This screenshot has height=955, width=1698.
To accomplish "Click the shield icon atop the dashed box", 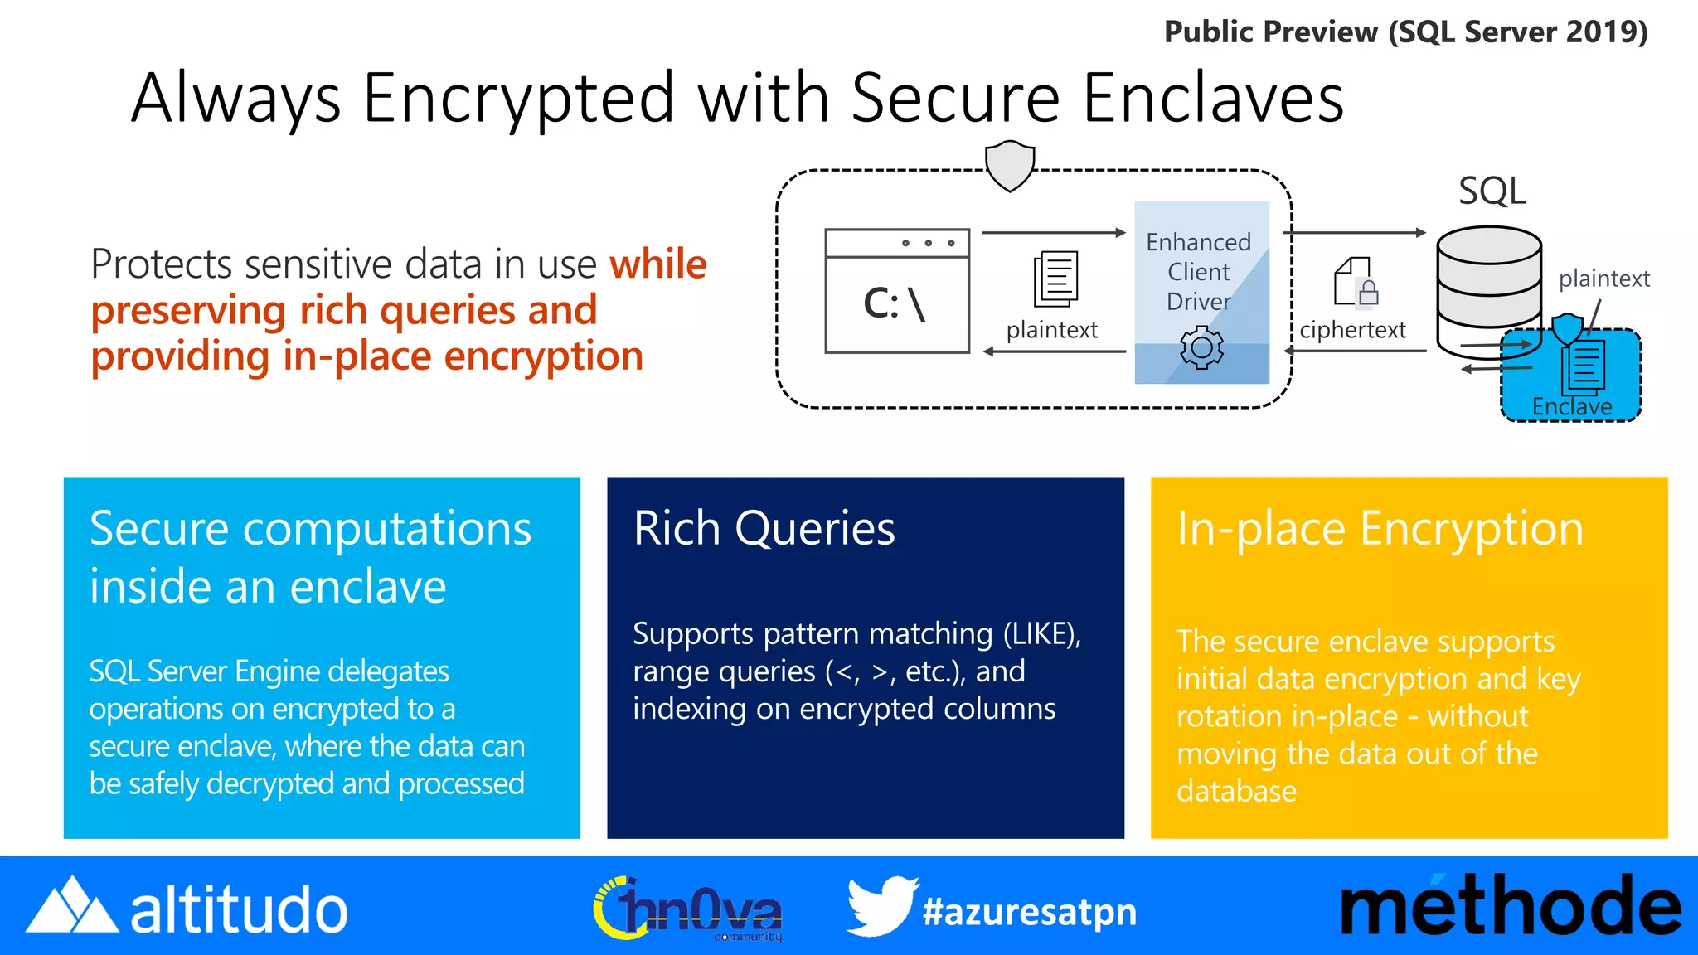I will [x=1010, y=165].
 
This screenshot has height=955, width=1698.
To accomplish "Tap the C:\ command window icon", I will [x=897, y=291].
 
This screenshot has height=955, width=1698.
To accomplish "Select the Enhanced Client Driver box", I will [x=1201, y=292].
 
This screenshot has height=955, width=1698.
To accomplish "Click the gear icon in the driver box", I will [x=1201, y=347].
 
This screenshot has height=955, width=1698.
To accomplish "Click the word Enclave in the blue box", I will [x=1571, y=407].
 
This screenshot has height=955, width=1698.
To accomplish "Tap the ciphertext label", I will [x=1352, y=330].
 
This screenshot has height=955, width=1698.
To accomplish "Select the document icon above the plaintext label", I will [x=1055, y=279].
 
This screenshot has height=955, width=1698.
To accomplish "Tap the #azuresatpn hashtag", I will [x=1029, y=912].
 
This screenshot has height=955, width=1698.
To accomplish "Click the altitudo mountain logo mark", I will [x=71, y=906].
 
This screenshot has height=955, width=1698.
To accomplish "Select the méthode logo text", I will [x=1510, y=908].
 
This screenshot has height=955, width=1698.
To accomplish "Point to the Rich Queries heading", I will [x=764, y=528].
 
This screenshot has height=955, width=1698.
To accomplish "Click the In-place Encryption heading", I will [x=1380, y=529].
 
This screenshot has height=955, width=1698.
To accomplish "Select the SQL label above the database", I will [x=1492, y=191].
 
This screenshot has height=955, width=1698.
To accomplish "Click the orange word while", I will [x=657, y=264].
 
